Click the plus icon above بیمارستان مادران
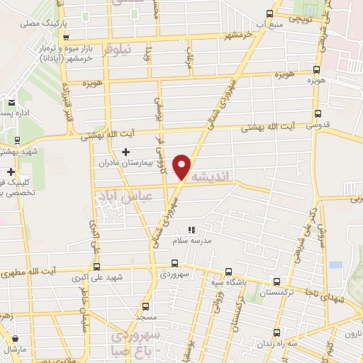click(x=126, y=151)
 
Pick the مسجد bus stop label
click(x=145, y=317)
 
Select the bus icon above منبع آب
click(x=269, y=13)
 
